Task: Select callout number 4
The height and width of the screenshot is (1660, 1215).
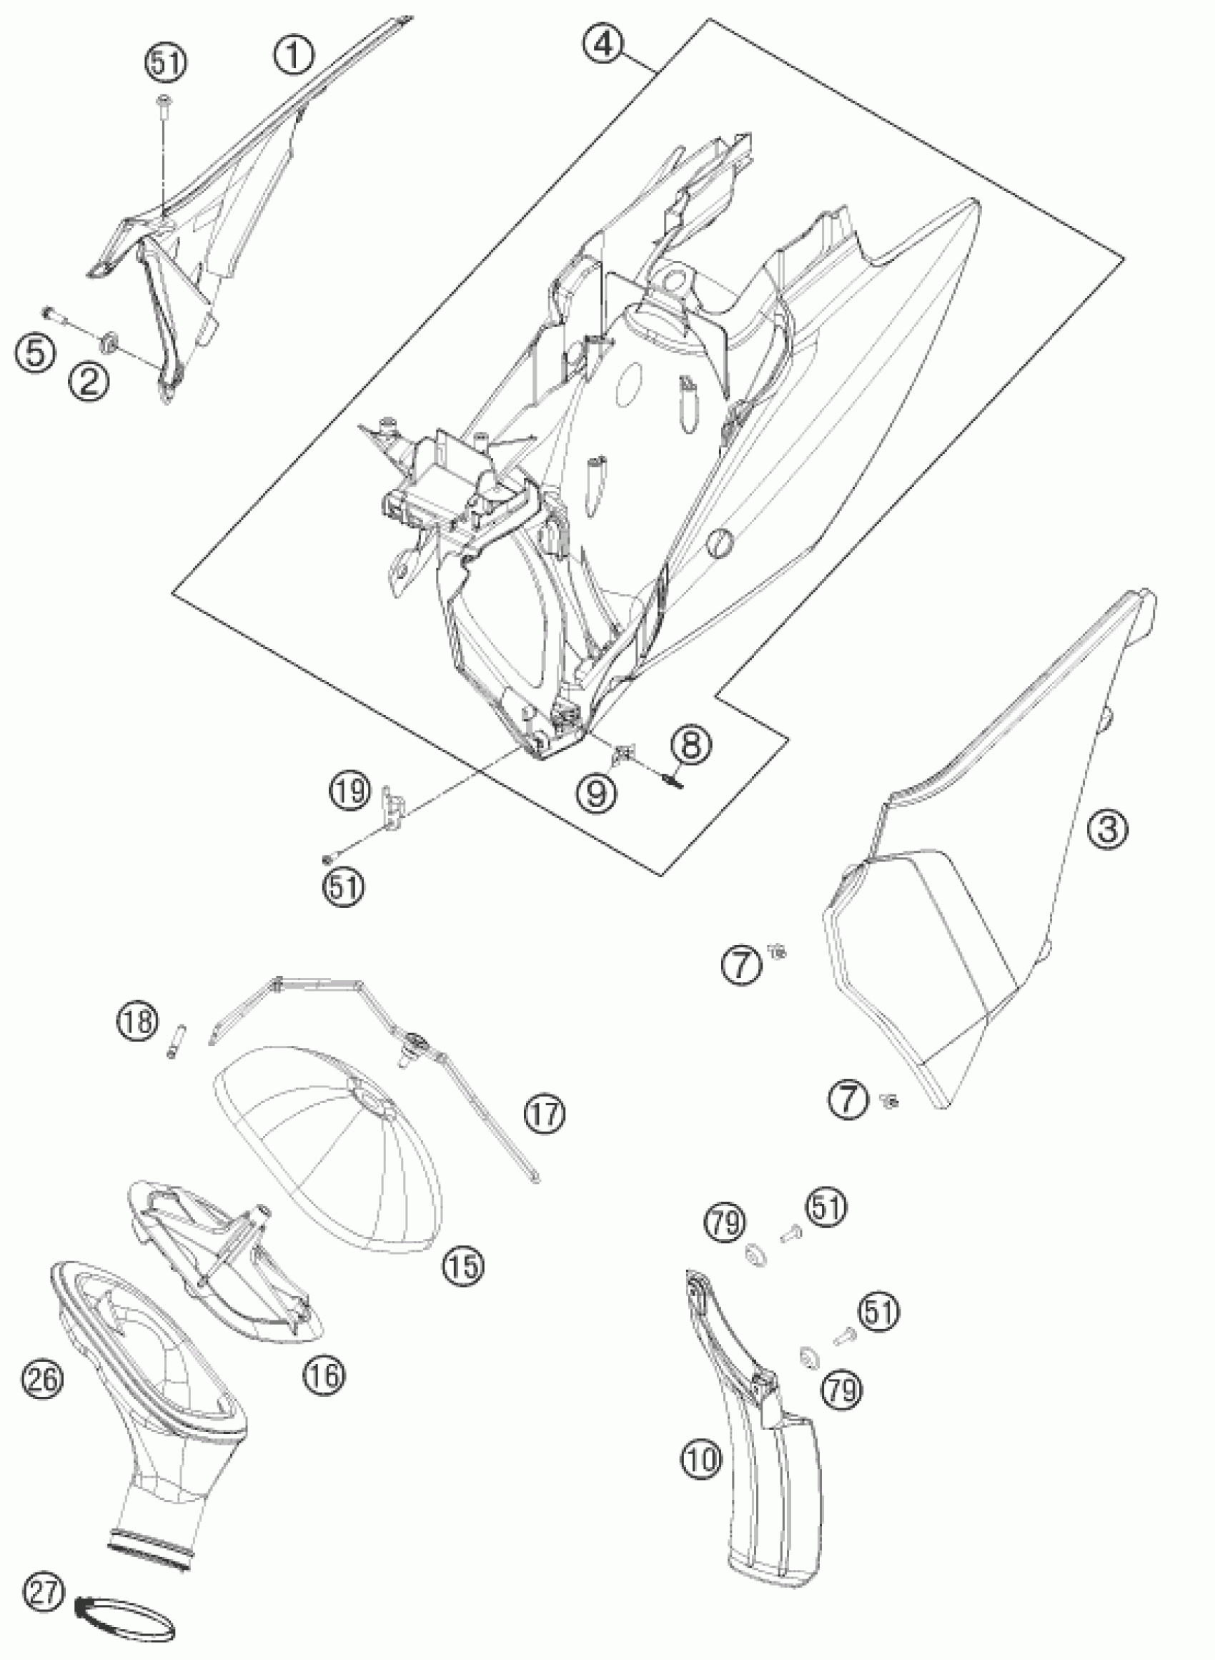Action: [603, 44]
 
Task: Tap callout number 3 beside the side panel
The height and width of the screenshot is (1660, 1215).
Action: [1107, 829]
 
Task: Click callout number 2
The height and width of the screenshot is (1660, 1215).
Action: [88, 382]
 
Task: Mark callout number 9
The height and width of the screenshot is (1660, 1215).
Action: [597, 791]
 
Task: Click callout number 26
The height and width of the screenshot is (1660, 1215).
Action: [40, 1380]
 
